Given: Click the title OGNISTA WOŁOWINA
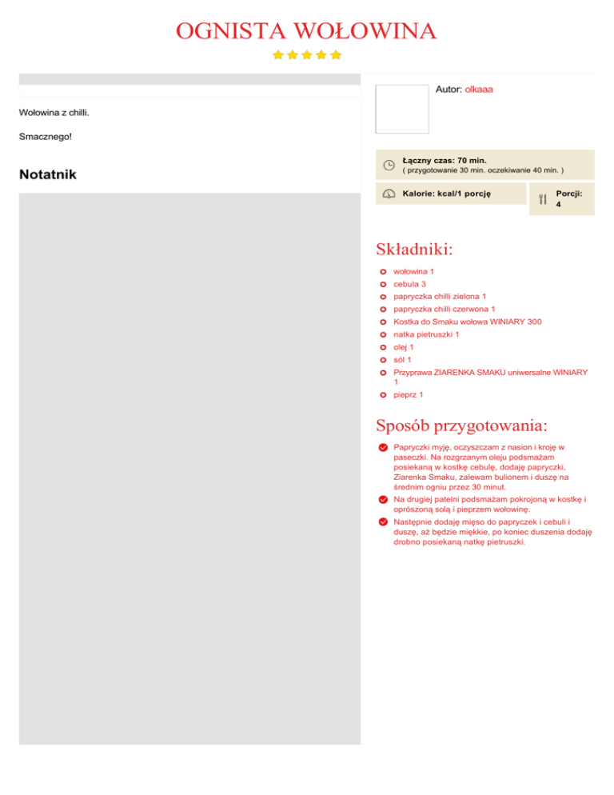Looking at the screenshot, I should point(306,31).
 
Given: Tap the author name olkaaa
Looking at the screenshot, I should point(478,90).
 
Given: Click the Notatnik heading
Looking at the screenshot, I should point(47,174).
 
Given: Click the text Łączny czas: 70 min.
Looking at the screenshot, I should point(445,160).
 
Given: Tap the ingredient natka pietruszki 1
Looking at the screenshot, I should point(426,334).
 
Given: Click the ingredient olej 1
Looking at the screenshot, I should point(404,347).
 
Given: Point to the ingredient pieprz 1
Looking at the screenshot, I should point(409,394).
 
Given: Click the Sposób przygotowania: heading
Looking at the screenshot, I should point(473,424).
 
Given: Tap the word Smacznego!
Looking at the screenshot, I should point(45,137).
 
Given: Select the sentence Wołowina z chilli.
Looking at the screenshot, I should point(54,112).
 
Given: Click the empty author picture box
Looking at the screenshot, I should point(401,109).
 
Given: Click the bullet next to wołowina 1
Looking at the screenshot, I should point(384,272).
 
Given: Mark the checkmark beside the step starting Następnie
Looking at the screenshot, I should point(384,521).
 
